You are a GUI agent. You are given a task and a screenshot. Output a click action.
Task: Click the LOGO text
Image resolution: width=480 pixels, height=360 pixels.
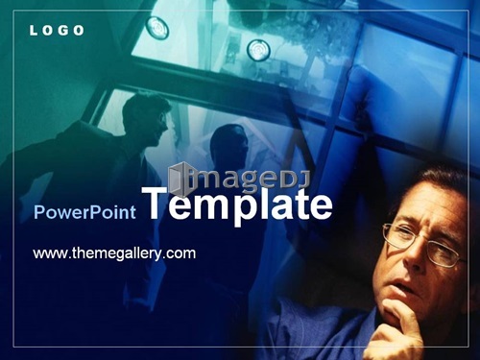click(57, 31)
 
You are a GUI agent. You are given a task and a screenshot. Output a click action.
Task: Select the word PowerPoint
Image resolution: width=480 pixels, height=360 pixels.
click(84, 212)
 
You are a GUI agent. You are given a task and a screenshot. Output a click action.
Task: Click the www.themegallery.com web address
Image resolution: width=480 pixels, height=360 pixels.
click(114, 253)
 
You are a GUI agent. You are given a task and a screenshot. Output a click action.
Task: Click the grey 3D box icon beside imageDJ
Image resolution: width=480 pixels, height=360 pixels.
click(180, 180)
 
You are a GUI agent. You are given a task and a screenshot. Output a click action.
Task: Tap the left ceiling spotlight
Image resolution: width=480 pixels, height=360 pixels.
click(157, 28)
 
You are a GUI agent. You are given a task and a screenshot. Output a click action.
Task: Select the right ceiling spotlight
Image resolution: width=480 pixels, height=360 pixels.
click(258, 50)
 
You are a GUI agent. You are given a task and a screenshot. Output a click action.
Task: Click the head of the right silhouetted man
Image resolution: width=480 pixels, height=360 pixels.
click(228, 146)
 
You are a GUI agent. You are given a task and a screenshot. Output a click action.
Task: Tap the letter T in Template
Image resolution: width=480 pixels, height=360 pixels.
click(156, 203)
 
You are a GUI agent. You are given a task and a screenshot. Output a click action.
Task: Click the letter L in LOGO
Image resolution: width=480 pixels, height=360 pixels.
click(33, 31)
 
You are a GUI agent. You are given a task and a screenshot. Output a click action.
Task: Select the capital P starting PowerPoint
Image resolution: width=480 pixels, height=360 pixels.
click(39, 212)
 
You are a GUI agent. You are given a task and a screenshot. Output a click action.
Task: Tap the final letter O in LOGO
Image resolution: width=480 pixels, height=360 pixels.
click(78, 31)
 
